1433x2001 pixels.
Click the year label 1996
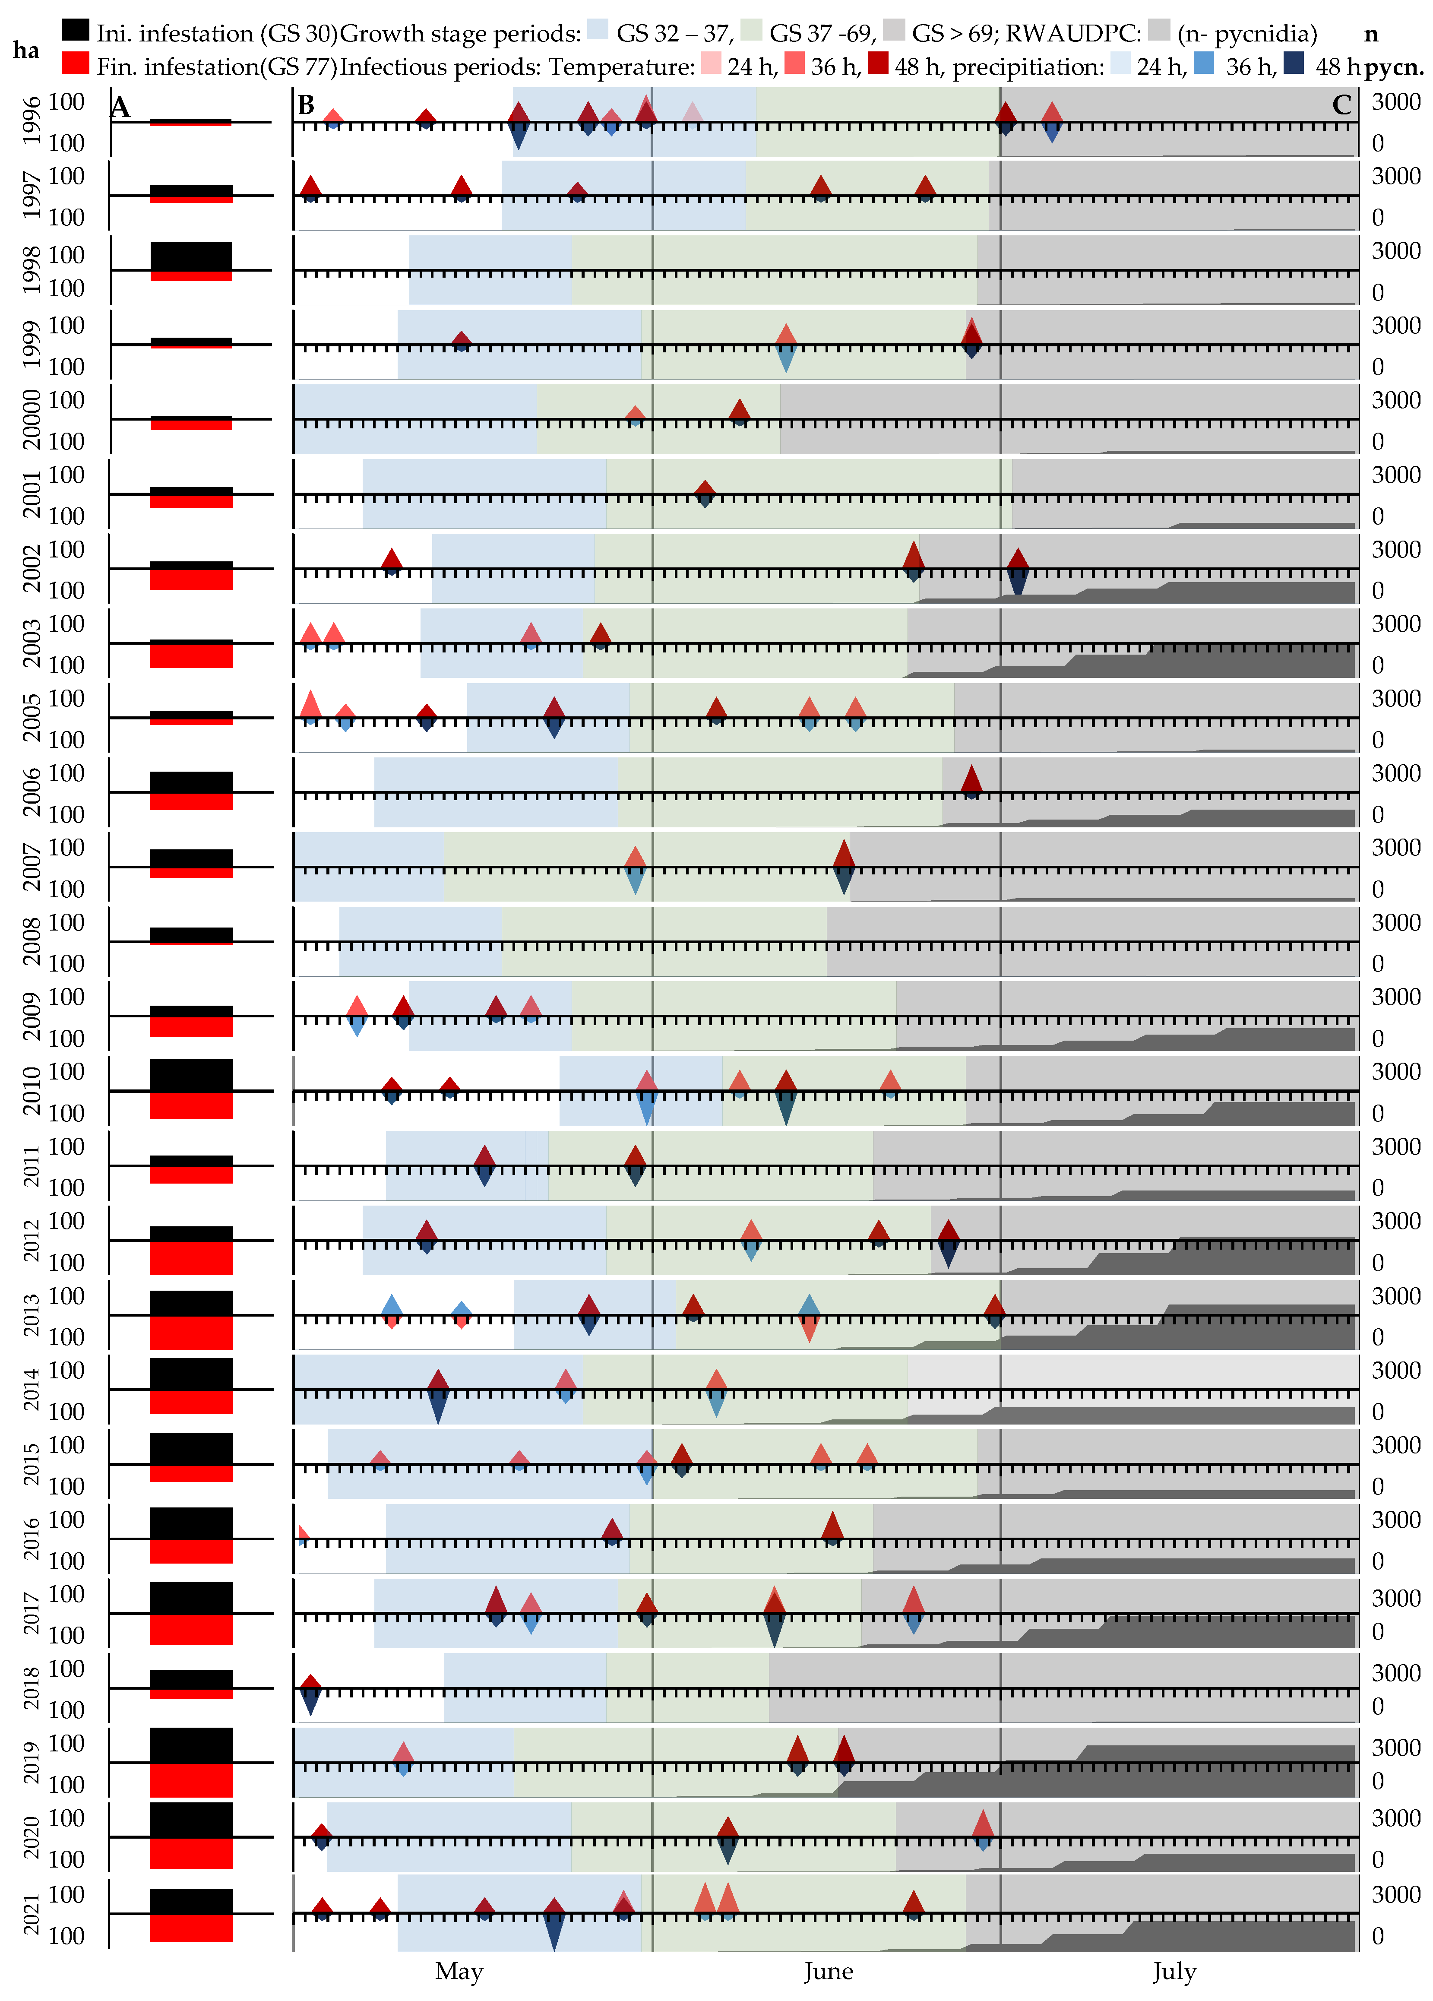point(31,121)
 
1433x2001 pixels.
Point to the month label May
point(459,1971)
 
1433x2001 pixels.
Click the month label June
point(828,1971)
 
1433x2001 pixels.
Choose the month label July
point(1174,1971)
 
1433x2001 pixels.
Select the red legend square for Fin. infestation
point(76,63)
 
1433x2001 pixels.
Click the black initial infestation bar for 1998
point(190,256)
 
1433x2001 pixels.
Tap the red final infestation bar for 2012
point(190,1257)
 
